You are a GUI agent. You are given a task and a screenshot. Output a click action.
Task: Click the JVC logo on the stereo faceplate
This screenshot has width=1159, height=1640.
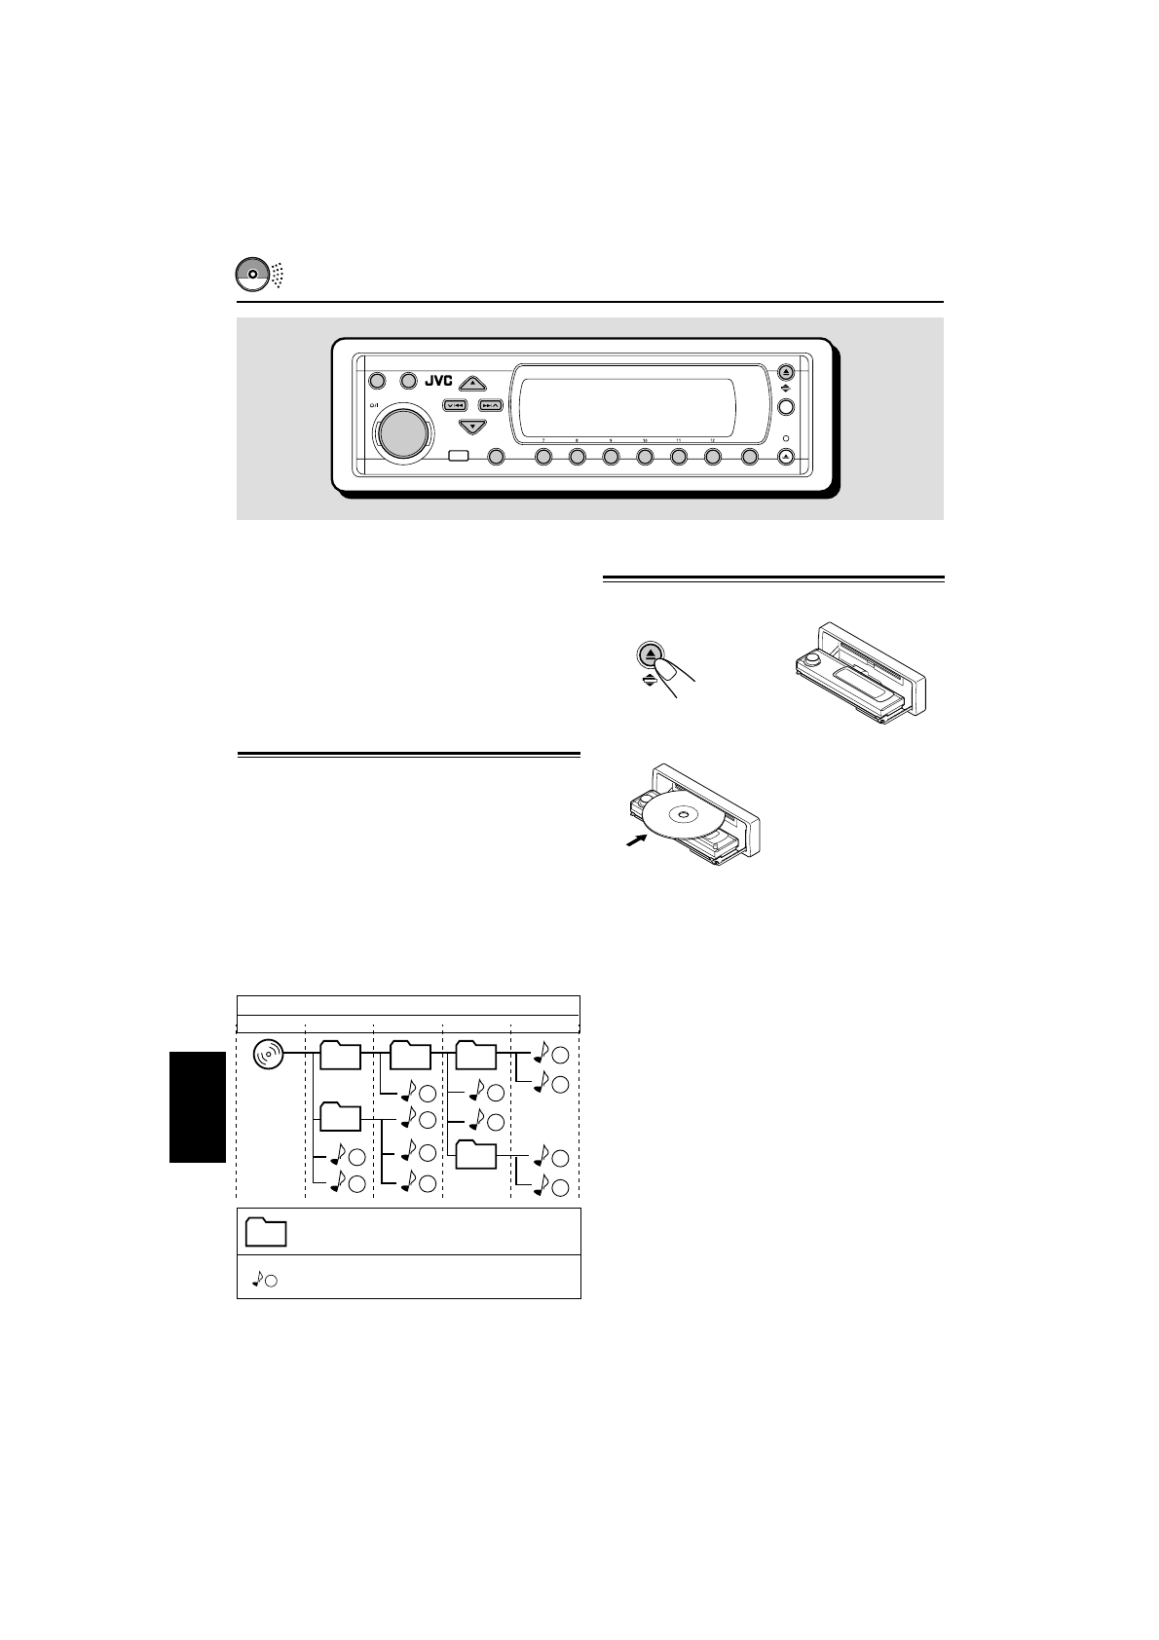(x=439, y=381)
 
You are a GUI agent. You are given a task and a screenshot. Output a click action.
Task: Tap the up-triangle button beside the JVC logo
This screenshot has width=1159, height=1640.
(x=472, y=383)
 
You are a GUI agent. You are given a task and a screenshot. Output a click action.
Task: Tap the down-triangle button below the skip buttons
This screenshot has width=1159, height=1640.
(x=472, y=427)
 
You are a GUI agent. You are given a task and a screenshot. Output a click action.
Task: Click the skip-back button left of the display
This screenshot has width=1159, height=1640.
(x=456, y=404)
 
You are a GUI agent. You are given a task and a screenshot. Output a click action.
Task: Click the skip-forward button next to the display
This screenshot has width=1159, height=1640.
(x=490, y=404)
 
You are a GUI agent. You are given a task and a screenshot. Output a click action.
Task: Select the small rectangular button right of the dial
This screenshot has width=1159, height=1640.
(x=459, y=457)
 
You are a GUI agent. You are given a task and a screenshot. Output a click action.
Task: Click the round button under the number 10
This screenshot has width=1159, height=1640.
(x=645, y=457)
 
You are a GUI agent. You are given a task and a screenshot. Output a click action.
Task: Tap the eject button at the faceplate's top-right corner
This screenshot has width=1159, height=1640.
(x=787, y=372)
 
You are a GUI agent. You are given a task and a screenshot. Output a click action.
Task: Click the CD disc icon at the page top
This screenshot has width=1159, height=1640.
(x=251, y=275)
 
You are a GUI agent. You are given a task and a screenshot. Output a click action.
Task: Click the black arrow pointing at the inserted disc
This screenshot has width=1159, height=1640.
(x=637, y=839)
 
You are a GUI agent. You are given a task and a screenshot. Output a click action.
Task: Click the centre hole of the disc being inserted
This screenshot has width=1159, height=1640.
(x=683, y=815)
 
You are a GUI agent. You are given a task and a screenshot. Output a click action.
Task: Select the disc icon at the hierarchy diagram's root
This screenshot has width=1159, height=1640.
(x=268, y=1055)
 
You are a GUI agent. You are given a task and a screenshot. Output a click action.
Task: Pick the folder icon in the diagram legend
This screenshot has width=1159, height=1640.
(x=266, y=1232)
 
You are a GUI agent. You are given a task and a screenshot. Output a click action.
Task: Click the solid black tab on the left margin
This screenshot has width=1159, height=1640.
(x=198, y=1106)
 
